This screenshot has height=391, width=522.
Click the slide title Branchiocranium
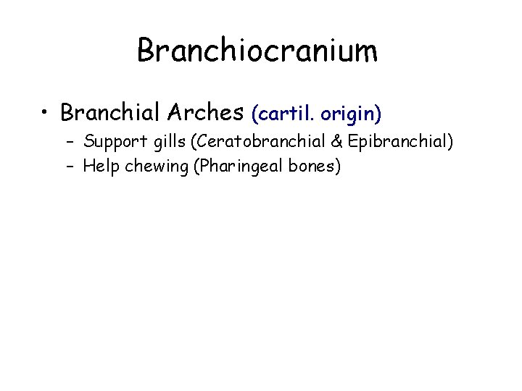(x=257, y=51)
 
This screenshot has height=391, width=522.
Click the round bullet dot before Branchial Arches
(x=45, y=113)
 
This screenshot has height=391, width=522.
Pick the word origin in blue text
(x=351, y=114)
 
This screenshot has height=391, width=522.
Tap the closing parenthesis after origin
(x=378, y=114)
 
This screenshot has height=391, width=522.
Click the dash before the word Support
(x=74, y=143)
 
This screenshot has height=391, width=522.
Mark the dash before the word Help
(x=74, y=167)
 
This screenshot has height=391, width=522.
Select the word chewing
(x=152, y=167)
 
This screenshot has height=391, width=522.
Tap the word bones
(x=312, y=166)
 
